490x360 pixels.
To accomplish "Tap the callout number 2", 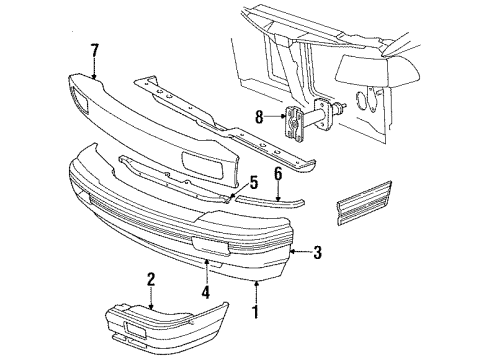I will coord(151,279).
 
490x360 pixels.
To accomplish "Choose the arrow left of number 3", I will coord(301,252).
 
